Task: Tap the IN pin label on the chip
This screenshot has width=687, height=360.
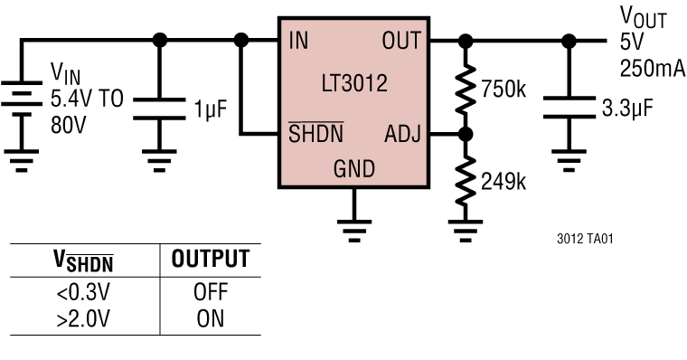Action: pos(298,42)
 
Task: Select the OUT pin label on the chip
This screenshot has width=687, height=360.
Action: pos(402,42)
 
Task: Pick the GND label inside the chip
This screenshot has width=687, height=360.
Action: pos(353,169)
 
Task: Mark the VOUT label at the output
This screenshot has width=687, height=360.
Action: pos(643,16)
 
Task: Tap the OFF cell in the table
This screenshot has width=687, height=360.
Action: pos(210,293)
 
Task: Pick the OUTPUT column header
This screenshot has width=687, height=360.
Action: pos(210,261)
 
